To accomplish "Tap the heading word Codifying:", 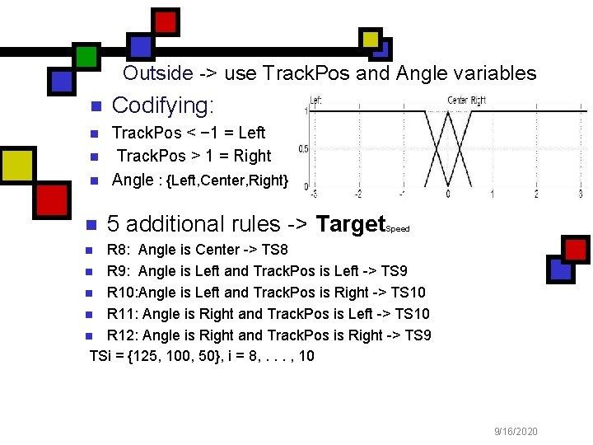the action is [163, 105].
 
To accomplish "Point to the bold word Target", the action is [350, 224].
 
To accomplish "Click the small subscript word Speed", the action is [397, 229].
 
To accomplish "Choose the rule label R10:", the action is [125, 293].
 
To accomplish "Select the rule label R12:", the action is [125, 335].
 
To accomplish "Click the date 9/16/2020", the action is [516, 431].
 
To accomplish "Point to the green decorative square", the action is [86, 54].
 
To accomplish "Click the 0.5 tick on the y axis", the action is [303, 149].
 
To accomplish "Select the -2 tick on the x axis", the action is [357, 194].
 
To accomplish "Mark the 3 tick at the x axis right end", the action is [580, 194].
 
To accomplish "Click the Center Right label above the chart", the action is [466, 101].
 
